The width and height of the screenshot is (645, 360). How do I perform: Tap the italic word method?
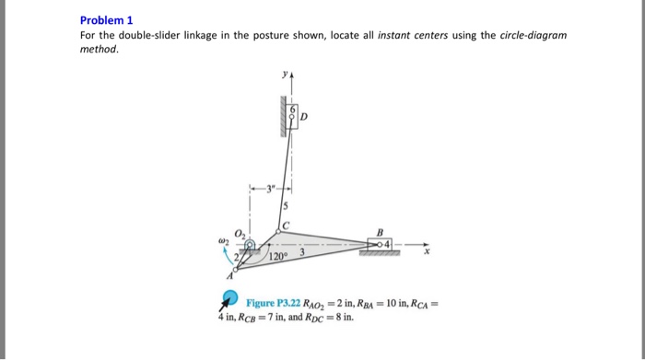click(x=99, y=50)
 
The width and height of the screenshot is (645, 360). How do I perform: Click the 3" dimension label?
click(x=271, y=192)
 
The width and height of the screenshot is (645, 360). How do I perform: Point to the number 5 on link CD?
click(x=286, y=206)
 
